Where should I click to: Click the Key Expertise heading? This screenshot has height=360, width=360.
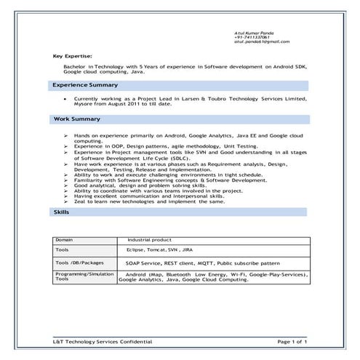73,56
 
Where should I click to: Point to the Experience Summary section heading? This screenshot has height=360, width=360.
84,85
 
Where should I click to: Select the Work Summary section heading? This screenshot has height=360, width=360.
77,119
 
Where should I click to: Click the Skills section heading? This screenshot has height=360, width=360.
62,212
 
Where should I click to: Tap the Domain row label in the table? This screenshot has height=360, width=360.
65,239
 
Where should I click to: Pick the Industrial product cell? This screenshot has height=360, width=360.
149,239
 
